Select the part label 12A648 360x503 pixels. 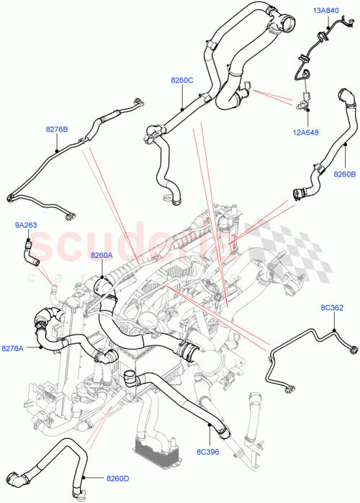tap(307, 132)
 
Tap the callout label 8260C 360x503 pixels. tap(181, 80)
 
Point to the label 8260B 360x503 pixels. tap(344, 173)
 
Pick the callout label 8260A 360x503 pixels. tap(102, 255)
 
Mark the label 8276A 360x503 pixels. tap(12, 348)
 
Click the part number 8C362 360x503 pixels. tap(333, 308)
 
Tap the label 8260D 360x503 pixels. tap(119, 477)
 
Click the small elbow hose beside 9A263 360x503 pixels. tap(30, 250)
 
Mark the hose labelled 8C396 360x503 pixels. tap(173, 389)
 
